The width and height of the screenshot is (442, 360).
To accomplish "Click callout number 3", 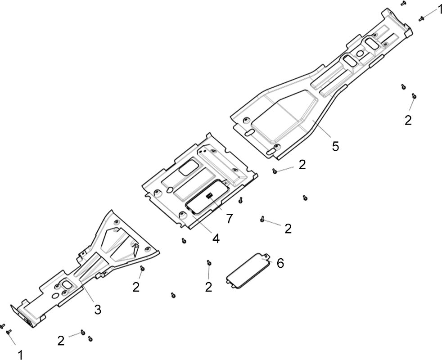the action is (x=98, y=310).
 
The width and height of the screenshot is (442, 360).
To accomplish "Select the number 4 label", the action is (x=216, y=239).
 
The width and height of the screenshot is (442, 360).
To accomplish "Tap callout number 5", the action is (x=335, y=146).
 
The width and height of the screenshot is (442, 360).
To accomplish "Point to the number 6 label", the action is (x=280, y=263).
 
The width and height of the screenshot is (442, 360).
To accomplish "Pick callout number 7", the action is (x=230, y=219).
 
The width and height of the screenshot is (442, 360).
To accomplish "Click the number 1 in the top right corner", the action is (x=439, y=9).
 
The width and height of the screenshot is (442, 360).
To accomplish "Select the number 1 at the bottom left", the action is (x=20, y=355).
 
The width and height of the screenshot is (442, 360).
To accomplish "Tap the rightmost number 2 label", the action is (x=408, y=121).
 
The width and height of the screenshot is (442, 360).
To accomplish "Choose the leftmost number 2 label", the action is (x=61, y=341).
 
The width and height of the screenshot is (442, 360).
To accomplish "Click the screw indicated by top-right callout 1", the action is (x=422, y=19).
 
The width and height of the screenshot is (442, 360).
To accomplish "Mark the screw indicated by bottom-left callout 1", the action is (x=9, y=332).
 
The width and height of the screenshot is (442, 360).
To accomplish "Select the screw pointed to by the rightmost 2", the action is (x=414, y=96).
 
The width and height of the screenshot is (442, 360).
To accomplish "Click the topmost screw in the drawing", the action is (x=403, y=3).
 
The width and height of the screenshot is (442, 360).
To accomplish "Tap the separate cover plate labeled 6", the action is (x=248, y=270).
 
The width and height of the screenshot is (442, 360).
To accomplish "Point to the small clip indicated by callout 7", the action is (x=210, y=195).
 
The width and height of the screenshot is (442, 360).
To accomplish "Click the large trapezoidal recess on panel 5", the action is (x=285, y=115).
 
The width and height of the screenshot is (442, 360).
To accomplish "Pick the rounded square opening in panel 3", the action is (x=68, y=284).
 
